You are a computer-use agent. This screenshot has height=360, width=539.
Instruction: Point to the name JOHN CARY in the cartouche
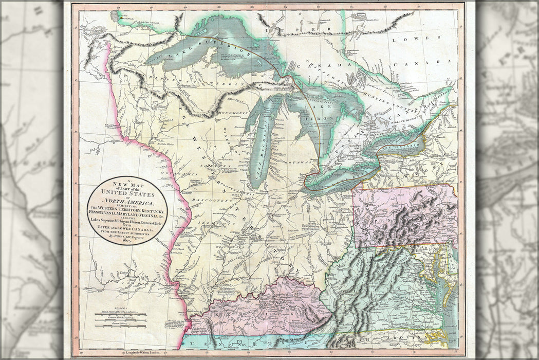[x=123, y=239]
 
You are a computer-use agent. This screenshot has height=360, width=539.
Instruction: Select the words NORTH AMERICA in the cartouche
[x=127, y=204]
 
